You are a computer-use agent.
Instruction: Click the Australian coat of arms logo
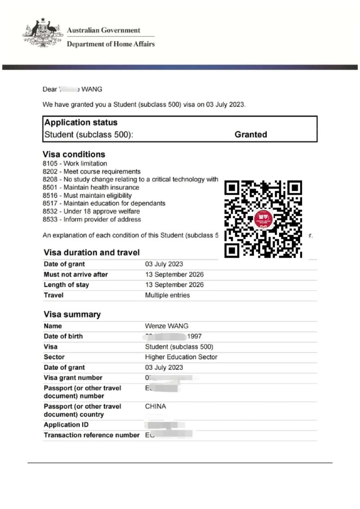tap(42, 32)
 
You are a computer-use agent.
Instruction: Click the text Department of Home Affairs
tap(111, 44)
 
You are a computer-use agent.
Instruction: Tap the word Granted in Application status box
tap(251, 134)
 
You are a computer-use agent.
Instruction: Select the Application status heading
tap(81, 122)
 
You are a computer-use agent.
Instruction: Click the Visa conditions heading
tap(74, 154)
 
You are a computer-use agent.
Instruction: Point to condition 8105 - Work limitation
tap(75, 164)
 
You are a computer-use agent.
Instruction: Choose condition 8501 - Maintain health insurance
tap(91, 188)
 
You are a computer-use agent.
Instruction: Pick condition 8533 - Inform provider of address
tap(92, 219)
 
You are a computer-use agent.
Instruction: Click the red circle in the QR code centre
tap(264, 219)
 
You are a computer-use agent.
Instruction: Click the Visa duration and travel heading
tap(92, 252)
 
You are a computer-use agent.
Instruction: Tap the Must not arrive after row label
tap(76, 274)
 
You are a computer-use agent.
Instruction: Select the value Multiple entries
tap(167, 295)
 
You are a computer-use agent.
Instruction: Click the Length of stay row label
tap(66, 285)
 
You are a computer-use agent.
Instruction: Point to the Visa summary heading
tap(72, 314)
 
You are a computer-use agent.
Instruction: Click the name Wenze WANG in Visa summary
tap(166, 326)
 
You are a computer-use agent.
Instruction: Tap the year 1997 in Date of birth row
tap(195, 336)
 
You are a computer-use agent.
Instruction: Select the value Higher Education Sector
tap(181, 357)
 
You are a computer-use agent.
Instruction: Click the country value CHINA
tap(155, 406)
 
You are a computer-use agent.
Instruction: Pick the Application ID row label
tap(66, 425)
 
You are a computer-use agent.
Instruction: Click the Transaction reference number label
tap(92, 435)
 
